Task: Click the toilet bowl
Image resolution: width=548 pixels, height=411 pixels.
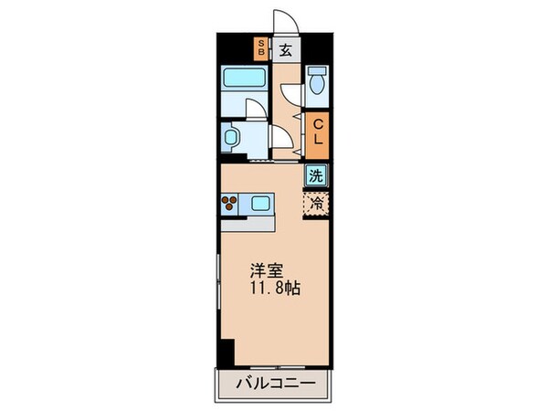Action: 317,81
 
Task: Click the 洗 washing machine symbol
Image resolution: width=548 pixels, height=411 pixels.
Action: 316,174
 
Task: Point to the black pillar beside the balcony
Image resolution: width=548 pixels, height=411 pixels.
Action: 227,352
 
